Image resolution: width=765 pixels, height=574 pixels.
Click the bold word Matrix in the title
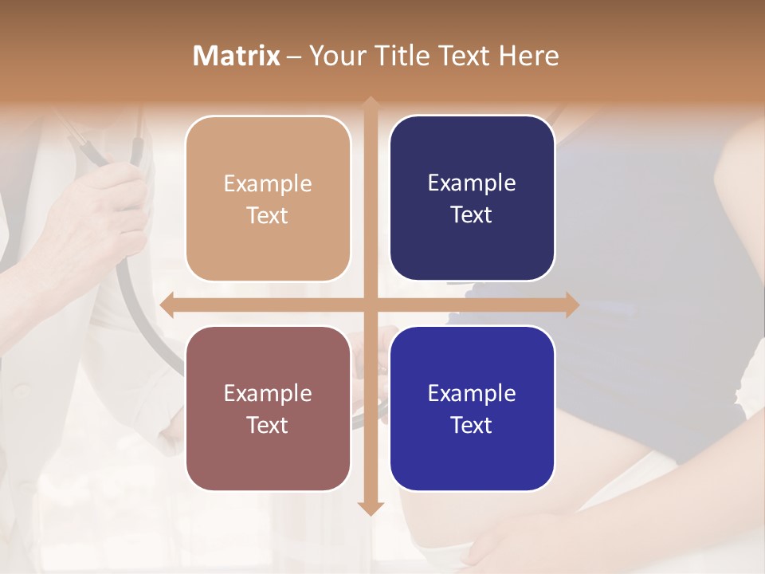pos(237,56)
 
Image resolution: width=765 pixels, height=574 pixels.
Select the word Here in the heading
pos(528,56)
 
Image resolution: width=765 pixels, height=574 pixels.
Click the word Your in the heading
pos(332,56)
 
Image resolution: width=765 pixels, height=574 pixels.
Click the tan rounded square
pos(268,199)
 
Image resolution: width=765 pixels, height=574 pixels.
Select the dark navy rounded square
pos(472,199)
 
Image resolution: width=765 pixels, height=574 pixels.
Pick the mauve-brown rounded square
pos(268,408)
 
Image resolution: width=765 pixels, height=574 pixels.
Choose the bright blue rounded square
pos(472,408)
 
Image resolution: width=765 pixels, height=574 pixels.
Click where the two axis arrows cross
pos(370,305)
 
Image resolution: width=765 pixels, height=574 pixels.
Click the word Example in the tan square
pos(268,183)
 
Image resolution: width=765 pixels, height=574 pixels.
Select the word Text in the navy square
pos(472,215)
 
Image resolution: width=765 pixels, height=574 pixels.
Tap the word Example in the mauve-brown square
pos(268,393)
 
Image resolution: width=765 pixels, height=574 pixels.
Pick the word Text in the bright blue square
pos(472,425)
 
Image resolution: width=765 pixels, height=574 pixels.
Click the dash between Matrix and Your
pos(294,56)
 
